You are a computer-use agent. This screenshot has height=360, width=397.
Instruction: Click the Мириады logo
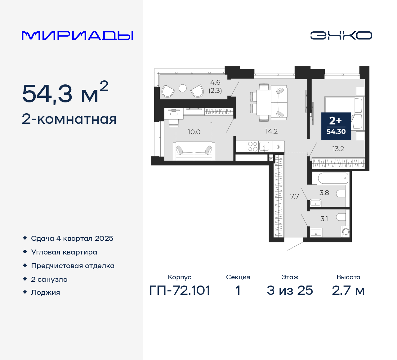pos(77,36)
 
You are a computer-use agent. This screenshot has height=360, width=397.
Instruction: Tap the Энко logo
pos(341,35)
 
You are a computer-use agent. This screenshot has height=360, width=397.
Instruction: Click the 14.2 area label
pos(271,131)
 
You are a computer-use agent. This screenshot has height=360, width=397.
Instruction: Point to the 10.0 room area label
pos(194,132)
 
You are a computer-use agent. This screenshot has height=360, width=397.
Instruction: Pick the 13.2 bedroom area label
pos(338,149)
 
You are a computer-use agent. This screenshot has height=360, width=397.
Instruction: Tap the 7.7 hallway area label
pos(294,196)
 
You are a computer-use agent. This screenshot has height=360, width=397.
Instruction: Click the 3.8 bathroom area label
pos(324,193)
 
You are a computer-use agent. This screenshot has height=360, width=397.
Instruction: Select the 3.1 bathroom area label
pos(324,219)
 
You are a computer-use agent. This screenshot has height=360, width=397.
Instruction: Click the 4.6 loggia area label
pos(215,83)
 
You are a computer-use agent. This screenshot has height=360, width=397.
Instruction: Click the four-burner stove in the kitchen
pos(253,146)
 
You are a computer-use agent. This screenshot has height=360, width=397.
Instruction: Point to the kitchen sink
pos(264,146)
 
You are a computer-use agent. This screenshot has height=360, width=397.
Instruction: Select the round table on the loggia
pos(183,88)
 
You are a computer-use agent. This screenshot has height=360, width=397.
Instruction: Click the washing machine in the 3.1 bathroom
pos(346,232)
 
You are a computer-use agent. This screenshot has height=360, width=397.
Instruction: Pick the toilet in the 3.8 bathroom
pos(341,194)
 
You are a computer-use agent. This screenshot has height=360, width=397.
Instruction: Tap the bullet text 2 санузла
pos(49,279)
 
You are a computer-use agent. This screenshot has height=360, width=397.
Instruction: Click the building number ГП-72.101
pos(180,290)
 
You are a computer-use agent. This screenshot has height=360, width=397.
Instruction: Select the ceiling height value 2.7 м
pos(348,290)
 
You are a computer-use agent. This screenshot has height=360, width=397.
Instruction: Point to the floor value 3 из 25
pos(290,290)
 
